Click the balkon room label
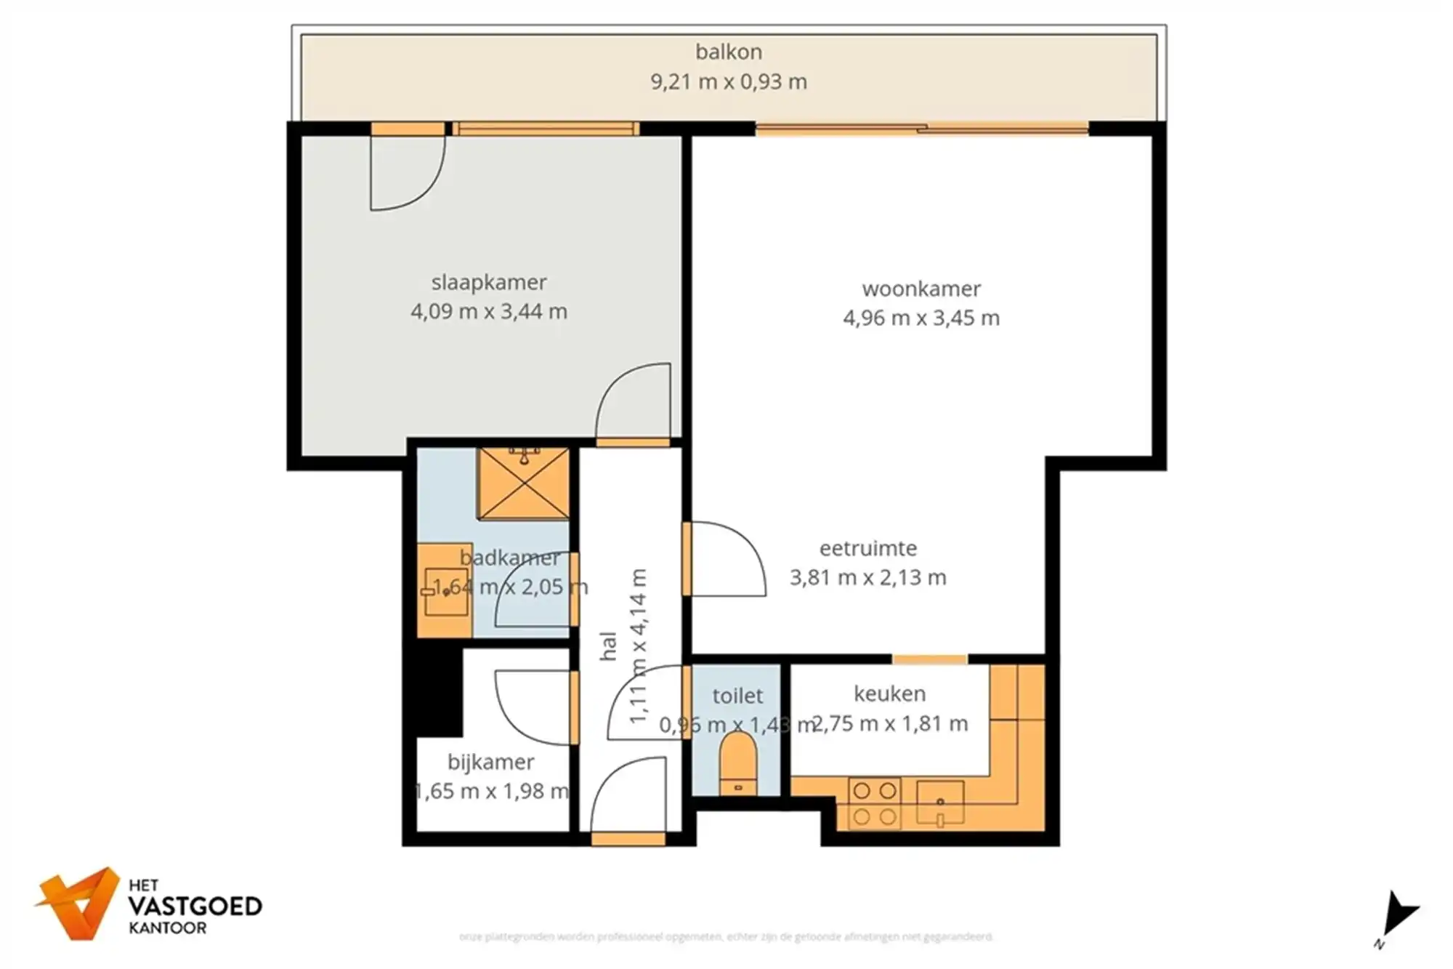click(x=728, y=52)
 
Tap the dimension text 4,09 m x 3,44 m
click(x=488, y=312)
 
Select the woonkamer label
click(x=920, y=289)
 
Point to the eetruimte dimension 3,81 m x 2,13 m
click(x=867, y=578)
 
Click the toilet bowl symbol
click(x=737, y=763)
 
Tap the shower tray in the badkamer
click(x=523, y=483)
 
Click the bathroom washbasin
click(x=445, y=591)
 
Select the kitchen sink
click(x=939, y=803)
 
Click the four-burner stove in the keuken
click(x=874, y=803)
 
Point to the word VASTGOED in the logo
click(x=195, y=906)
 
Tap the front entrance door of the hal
click(x=628, y=800)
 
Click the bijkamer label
click(x=490, y=762)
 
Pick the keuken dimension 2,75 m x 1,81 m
click(x=890, y=724)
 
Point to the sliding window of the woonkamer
click(x=921, y=130)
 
